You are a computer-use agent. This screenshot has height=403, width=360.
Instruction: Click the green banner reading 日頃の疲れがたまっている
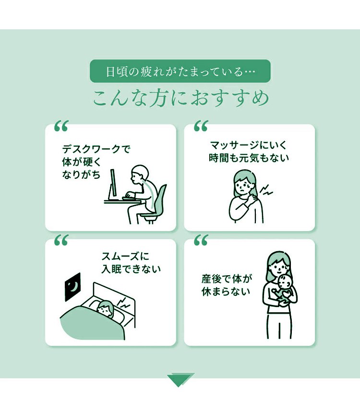pos(180,71)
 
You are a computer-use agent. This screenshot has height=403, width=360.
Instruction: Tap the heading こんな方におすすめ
pos(180,98)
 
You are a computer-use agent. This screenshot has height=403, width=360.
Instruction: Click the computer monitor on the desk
pos(113,184)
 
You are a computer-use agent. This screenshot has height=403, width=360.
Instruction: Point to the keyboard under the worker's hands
pos(129,198)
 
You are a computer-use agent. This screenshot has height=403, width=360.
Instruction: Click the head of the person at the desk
pos(139,174)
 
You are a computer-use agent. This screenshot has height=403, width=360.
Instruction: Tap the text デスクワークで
pos(96,149)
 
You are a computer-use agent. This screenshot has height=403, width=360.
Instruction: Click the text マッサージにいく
pos(248,146)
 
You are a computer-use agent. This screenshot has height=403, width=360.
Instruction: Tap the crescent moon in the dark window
pos(74,286)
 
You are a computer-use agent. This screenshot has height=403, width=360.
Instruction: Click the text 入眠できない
pos(131,269)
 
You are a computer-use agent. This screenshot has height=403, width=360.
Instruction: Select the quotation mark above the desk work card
pos(61,126)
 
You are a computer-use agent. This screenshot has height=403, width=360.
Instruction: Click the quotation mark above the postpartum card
pos(201,240)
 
